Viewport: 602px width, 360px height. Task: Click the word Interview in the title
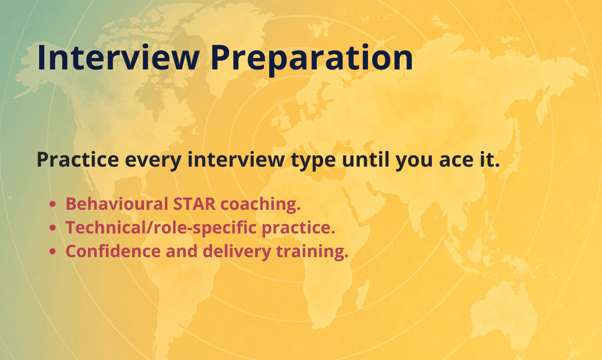click(x=118, y=58)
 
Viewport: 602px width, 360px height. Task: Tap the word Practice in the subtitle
click(x=78, y=159)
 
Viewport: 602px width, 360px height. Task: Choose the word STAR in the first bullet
click(x=194, y=204)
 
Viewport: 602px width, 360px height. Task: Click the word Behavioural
click(x=117, y=204)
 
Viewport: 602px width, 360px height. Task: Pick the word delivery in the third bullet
click(x=237, y=252)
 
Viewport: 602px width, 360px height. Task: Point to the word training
click(x=312, y=252)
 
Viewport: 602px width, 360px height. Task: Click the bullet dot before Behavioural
click(x=53, y=204)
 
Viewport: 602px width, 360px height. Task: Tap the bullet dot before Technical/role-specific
click(x=53, y=228)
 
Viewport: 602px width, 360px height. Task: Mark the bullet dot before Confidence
click(x=53, y=252)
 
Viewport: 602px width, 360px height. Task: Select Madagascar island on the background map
click(x=363, y=294)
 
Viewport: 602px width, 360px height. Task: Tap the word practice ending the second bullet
click(x=298, y=228)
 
